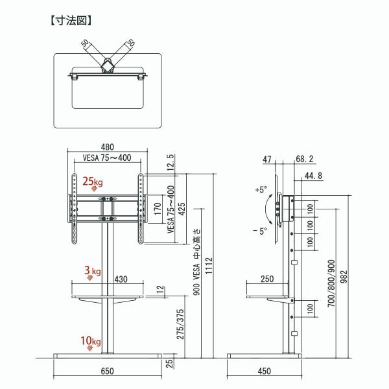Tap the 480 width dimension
107,147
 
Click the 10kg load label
92,341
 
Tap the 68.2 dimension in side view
303,158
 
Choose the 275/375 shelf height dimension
170,323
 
